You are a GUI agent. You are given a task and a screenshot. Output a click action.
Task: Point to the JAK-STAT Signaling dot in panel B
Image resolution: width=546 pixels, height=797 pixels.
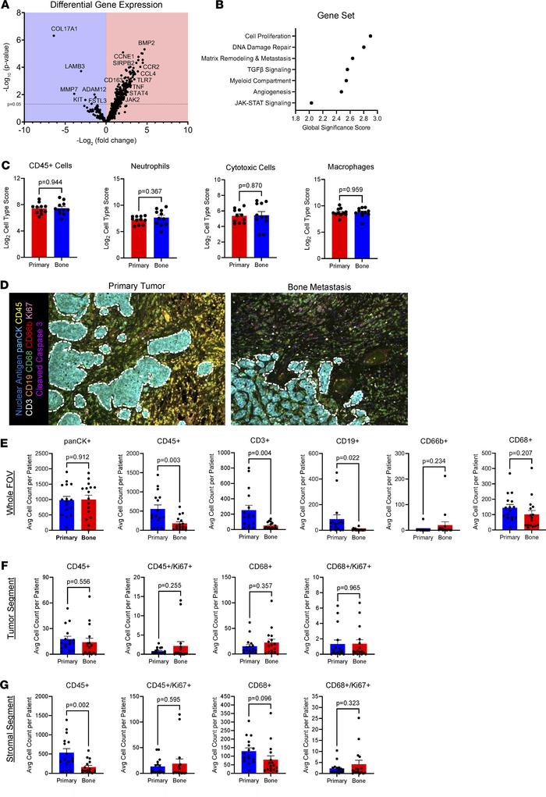pyautogui.click(x=311, y=102)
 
